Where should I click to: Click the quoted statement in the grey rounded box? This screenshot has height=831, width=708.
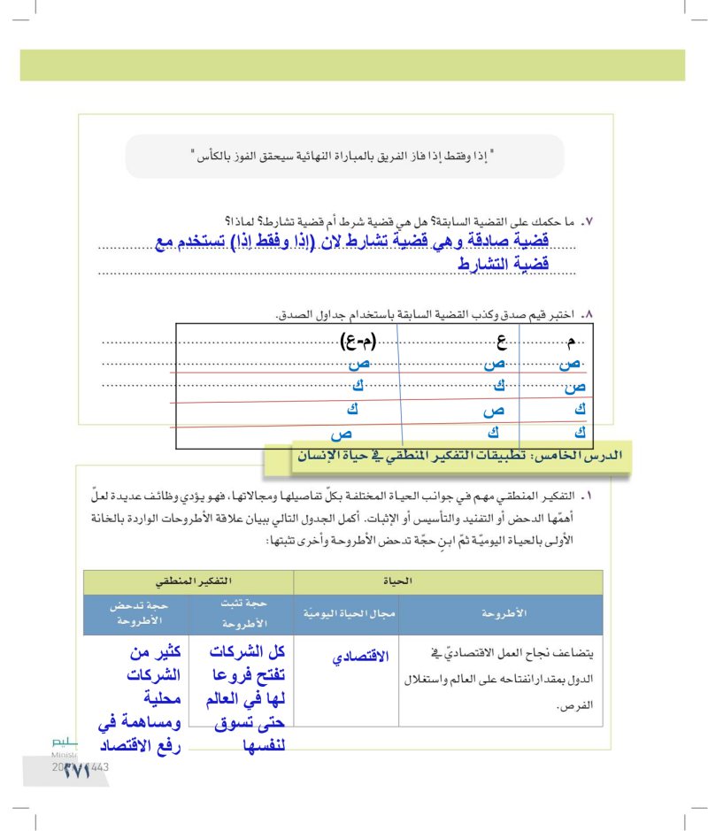click(342, 157)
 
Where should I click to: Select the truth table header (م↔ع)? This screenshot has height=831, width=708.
click(358, 341)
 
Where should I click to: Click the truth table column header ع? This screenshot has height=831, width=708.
click(500, 341)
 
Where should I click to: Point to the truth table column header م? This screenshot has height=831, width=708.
click(572, 341)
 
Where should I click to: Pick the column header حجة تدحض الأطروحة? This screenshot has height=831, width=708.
click(135, 613)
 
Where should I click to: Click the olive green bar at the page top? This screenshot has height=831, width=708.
click(352, 65)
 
